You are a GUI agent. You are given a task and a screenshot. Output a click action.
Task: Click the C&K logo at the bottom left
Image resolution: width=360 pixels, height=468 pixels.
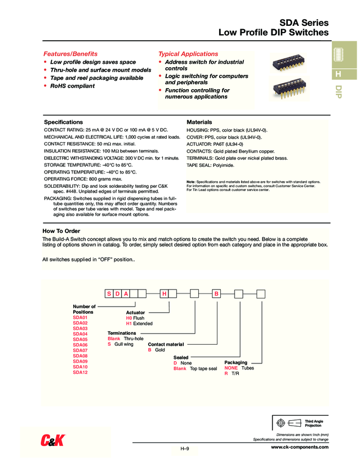[x=53, y=440]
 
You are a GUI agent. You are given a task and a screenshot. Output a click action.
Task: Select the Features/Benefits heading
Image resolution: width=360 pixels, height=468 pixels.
[x=70, y=54]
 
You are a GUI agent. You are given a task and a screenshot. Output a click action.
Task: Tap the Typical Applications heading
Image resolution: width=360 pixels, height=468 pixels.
[x=188, y=54]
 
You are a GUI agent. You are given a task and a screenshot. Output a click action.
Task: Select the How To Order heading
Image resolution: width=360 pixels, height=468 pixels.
[x=61, y=231]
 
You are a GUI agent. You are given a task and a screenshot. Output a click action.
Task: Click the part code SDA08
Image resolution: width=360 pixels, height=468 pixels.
[x=80, y=356]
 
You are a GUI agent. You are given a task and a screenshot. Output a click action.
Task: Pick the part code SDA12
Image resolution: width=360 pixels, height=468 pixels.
[x=80, y=373]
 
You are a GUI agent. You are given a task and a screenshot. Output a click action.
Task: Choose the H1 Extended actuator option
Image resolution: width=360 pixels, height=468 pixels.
[x=139, y=324]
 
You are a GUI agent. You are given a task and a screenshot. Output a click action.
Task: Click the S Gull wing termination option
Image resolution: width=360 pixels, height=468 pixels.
[x=121, y=344]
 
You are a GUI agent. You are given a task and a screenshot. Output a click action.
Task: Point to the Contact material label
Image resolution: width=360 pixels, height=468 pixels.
[x=166, y=344]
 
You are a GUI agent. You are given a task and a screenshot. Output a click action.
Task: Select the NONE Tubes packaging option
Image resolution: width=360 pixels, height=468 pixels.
[x=239, y=368]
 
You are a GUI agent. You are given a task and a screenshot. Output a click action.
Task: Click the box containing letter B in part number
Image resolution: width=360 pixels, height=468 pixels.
[x=216, y=293]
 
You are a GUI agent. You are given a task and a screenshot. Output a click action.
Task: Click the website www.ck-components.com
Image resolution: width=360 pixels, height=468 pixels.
[x=299, y=447]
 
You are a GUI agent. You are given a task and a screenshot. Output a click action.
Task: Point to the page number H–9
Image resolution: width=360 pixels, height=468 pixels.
[x=185, y=449]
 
